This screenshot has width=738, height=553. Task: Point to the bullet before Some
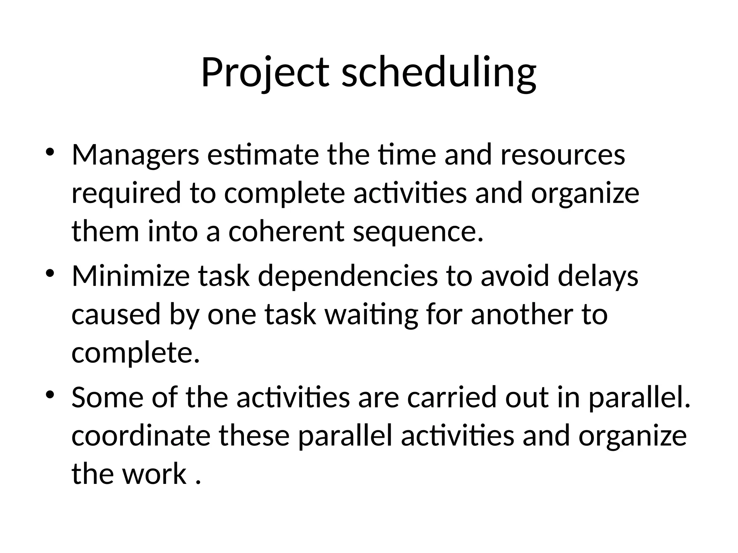(x=50, y=394)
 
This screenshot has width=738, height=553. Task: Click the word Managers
(x=135, y=155)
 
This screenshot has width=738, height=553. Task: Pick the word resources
(x=563, y=155)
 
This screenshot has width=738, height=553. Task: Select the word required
(x=126, y=193)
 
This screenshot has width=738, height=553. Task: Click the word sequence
(x=418, y=231)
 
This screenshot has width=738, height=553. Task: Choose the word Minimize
(x=130, y=276)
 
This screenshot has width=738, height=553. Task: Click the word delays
(x=598, y=276)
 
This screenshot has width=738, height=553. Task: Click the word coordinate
(x=141, y=436)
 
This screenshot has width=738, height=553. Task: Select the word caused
(x=116, y=314)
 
